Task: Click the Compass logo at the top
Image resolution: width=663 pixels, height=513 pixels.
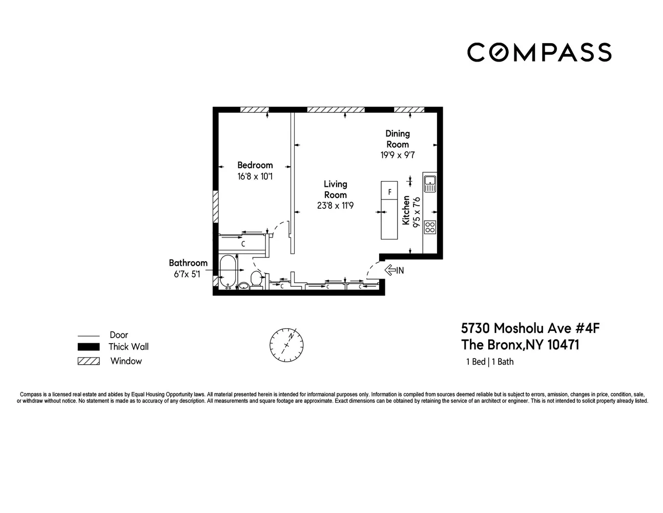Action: pos(539,52)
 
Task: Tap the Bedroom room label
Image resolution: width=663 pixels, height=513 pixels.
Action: pos(255,165)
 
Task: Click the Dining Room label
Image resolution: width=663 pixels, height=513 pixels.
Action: pos(398,139)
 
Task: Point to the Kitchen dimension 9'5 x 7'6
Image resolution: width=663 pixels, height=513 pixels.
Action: pos(417,212)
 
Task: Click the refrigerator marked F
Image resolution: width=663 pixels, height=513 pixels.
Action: pos(389,192)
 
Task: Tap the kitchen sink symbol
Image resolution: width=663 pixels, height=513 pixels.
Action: pos(429,183)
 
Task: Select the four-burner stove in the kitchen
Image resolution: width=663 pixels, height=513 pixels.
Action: pos(430,227)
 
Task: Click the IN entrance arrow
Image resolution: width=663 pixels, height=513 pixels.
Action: pos(394,270)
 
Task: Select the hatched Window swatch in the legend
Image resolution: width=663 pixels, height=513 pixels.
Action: pos(88,361)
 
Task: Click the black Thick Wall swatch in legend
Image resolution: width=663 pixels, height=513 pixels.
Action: pos(88,347)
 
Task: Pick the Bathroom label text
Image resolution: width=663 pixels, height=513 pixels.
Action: pos(188,263)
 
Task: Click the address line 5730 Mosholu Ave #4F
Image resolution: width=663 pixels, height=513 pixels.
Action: pos(530,328)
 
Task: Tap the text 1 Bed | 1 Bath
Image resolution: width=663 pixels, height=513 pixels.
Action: pos(489,362)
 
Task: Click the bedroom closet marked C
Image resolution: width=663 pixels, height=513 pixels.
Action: pos(243,244)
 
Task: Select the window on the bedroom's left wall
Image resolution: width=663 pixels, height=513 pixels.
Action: pos(216,207)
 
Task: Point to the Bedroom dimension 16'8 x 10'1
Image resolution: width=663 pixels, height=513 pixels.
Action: pos(255,177)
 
